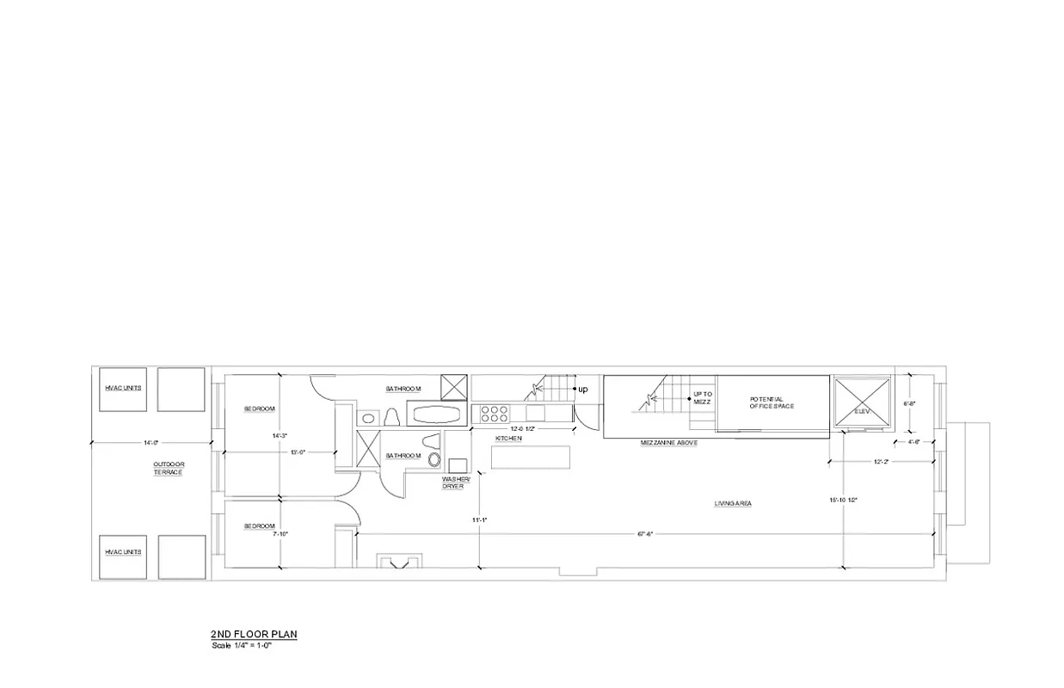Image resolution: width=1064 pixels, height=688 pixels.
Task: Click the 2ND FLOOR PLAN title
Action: (254, 635)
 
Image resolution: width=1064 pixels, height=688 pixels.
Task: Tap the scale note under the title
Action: (242, 645)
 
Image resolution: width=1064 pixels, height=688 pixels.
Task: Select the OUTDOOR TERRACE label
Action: (169, 469)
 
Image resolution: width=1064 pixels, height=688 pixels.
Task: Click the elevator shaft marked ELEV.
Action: (862, 405)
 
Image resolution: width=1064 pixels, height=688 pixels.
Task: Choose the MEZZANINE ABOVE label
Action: (668, 442)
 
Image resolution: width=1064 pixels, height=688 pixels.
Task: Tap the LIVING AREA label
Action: (733, 503)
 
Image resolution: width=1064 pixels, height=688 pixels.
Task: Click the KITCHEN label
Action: (508, 439)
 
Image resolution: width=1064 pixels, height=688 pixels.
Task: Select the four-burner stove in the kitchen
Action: (494, 414)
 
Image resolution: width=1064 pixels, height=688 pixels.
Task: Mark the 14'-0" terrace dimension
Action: (152, 443)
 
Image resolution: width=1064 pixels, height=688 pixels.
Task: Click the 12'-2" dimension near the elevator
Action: (880, 462)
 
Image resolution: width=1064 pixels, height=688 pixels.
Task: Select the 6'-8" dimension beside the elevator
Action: (910, 402)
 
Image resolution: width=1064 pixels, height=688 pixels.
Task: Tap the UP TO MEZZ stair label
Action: (702, 398)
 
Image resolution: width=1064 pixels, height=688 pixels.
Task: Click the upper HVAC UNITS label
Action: (123, 388)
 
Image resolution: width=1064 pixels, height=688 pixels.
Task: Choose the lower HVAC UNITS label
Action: (123, 551)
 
